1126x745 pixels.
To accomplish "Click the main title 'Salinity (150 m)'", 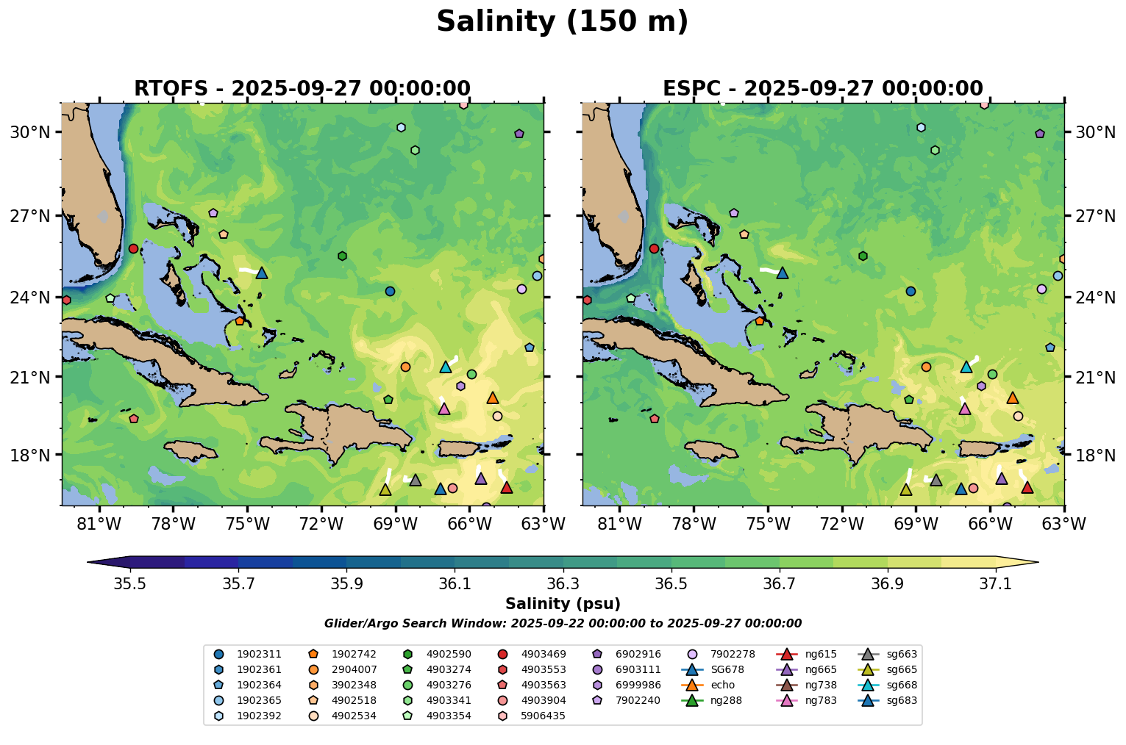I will click(x=563, y=22).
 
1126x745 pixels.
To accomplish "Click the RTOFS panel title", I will click(x=302, y=89).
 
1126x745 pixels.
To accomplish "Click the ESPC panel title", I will click(x=823, y=89).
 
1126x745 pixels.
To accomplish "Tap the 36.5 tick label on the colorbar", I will click(x=671, y=584).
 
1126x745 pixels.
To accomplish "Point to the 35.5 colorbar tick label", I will click(x=130, y=584).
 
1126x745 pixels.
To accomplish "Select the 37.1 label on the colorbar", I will click(x=996, y=584).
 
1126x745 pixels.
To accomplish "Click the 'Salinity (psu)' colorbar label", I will click(x=563, y=604).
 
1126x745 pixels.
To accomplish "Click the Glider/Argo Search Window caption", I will click(x=563, y=624).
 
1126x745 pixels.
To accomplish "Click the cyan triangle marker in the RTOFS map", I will click(x=445, y=367).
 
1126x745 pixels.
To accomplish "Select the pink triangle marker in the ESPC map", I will click(x=965, y=409).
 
